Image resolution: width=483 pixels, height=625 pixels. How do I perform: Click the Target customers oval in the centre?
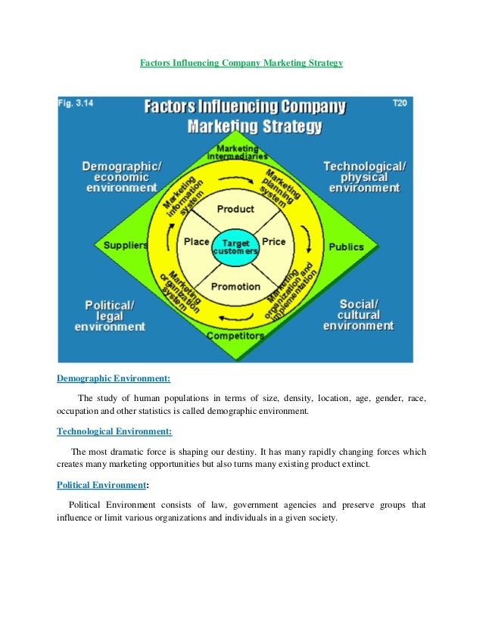pyautogui.click(x=235, y=247)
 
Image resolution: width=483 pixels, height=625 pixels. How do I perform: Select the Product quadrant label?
pyautogui.click(x=235, y=209)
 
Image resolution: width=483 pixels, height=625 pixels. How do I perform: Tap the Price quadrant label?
pyautogui.click(x=273, y=242)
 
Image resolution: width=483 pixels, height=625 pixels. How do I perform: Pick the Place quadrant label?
pyautogui.click(x=197, y=242)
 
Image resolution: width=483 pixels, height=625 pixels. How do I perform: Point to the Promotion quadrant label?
pyautogui.click(x=235, y=287)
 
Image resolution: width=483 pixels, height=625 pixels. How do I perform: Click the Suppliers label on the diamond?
pyautogui.click(x=126, y=246)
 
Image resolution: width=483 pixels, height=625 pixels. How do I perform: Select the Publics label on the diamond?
pyautogui.click(x=346, y=247)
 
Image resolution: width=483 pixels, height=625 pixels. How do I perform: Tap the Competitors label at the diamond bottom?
pyautogui.click(x=235, y=335)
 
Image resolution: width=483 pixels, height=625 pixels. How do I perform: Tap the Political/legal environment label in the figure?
pyautogui.click(x=110, y=316)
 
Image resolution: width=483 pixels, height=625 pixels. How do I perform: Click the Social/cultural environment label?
pyautogui.click(x=359, y=315)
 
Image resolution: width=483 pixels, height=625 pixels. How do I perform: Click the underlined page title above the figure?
pyautogui.click(x=241, y=64)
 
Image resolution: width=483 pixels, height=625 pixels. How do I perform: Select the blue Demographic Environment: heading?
pyautogui.click(x=114, y=378)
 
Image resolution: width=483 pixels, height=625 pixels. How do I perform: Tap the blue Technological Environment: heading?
pyautogui.click(x=114, y=432)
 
